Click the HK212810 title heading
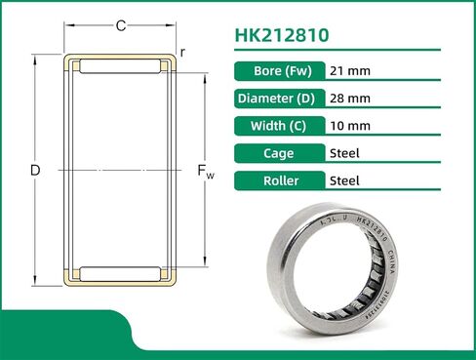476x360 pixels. point(282,36)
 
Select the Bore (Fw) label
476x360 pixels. point(281,71)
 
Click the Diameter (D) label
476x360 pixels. point(281,99)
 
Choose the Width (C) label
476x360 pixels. point(281,126)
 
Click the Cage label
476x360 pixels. point(281,153)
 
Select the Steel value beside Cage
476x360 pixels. point(345,153)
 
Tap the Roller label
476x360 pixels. point(281,180)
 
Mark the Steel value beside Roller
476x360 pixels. point(345,180)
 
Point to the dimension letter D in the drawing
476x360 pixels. point(35,171)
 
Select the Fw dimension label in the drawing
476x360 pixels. point(206,173)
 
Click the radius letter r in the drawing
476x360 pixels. point(183,50)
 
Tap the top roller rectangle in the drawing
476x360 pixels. point(120,67)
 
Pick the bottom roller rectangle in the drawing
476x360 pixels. point(120,273)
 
